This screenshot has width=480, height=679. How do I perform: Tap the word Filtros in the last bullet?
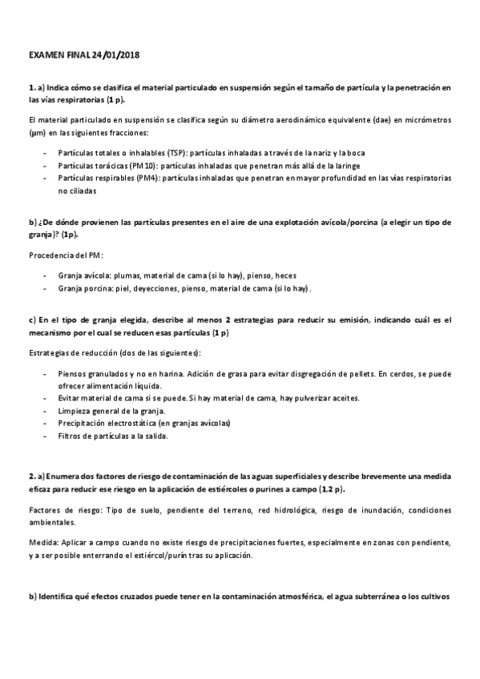coord(71,436)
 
